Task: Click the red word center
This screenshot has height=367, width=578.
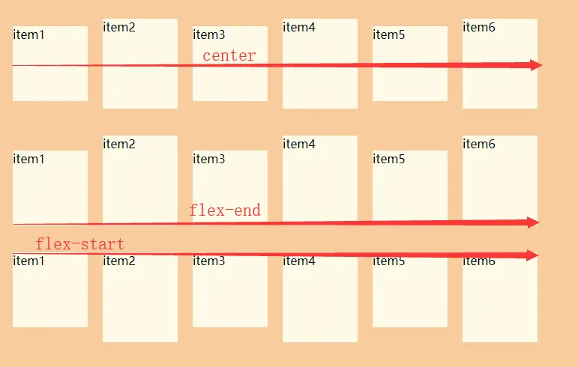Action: point(229,55)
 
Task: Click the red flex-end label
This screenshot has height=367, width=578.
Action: point(225,210)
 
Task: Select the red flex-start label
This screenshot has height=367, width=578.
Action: point(79,244)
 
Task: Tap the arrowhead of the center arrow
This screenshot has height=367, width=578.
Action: point(535,65)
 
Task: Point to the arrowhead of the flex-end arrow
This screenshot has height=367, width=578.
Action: point(533,222)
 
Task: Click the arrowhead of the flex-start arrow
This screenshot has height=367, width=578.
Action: point(533,255)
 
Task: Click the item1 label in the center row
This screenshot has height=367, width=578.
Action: point(29,34)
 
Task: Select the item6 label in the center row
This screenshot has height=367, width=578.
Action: point(479,27)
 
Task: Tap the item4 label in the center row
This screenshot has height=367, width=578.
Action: point(299,27)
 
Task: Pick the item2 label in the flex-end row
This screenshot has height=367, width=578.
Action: point(119,144)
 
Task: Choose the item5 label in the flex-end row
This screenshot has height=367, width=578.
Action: point(389,159)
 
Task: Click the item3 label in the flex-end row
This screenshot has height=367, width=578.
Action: point(209,159)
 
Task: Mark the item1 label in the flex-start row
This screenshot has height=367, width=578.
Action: point(29,261)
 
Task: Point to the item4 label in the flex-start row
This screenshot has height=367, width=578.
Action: point(299,261)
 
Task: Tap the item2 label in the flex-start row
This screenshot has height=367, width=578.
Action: point(119,261)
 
